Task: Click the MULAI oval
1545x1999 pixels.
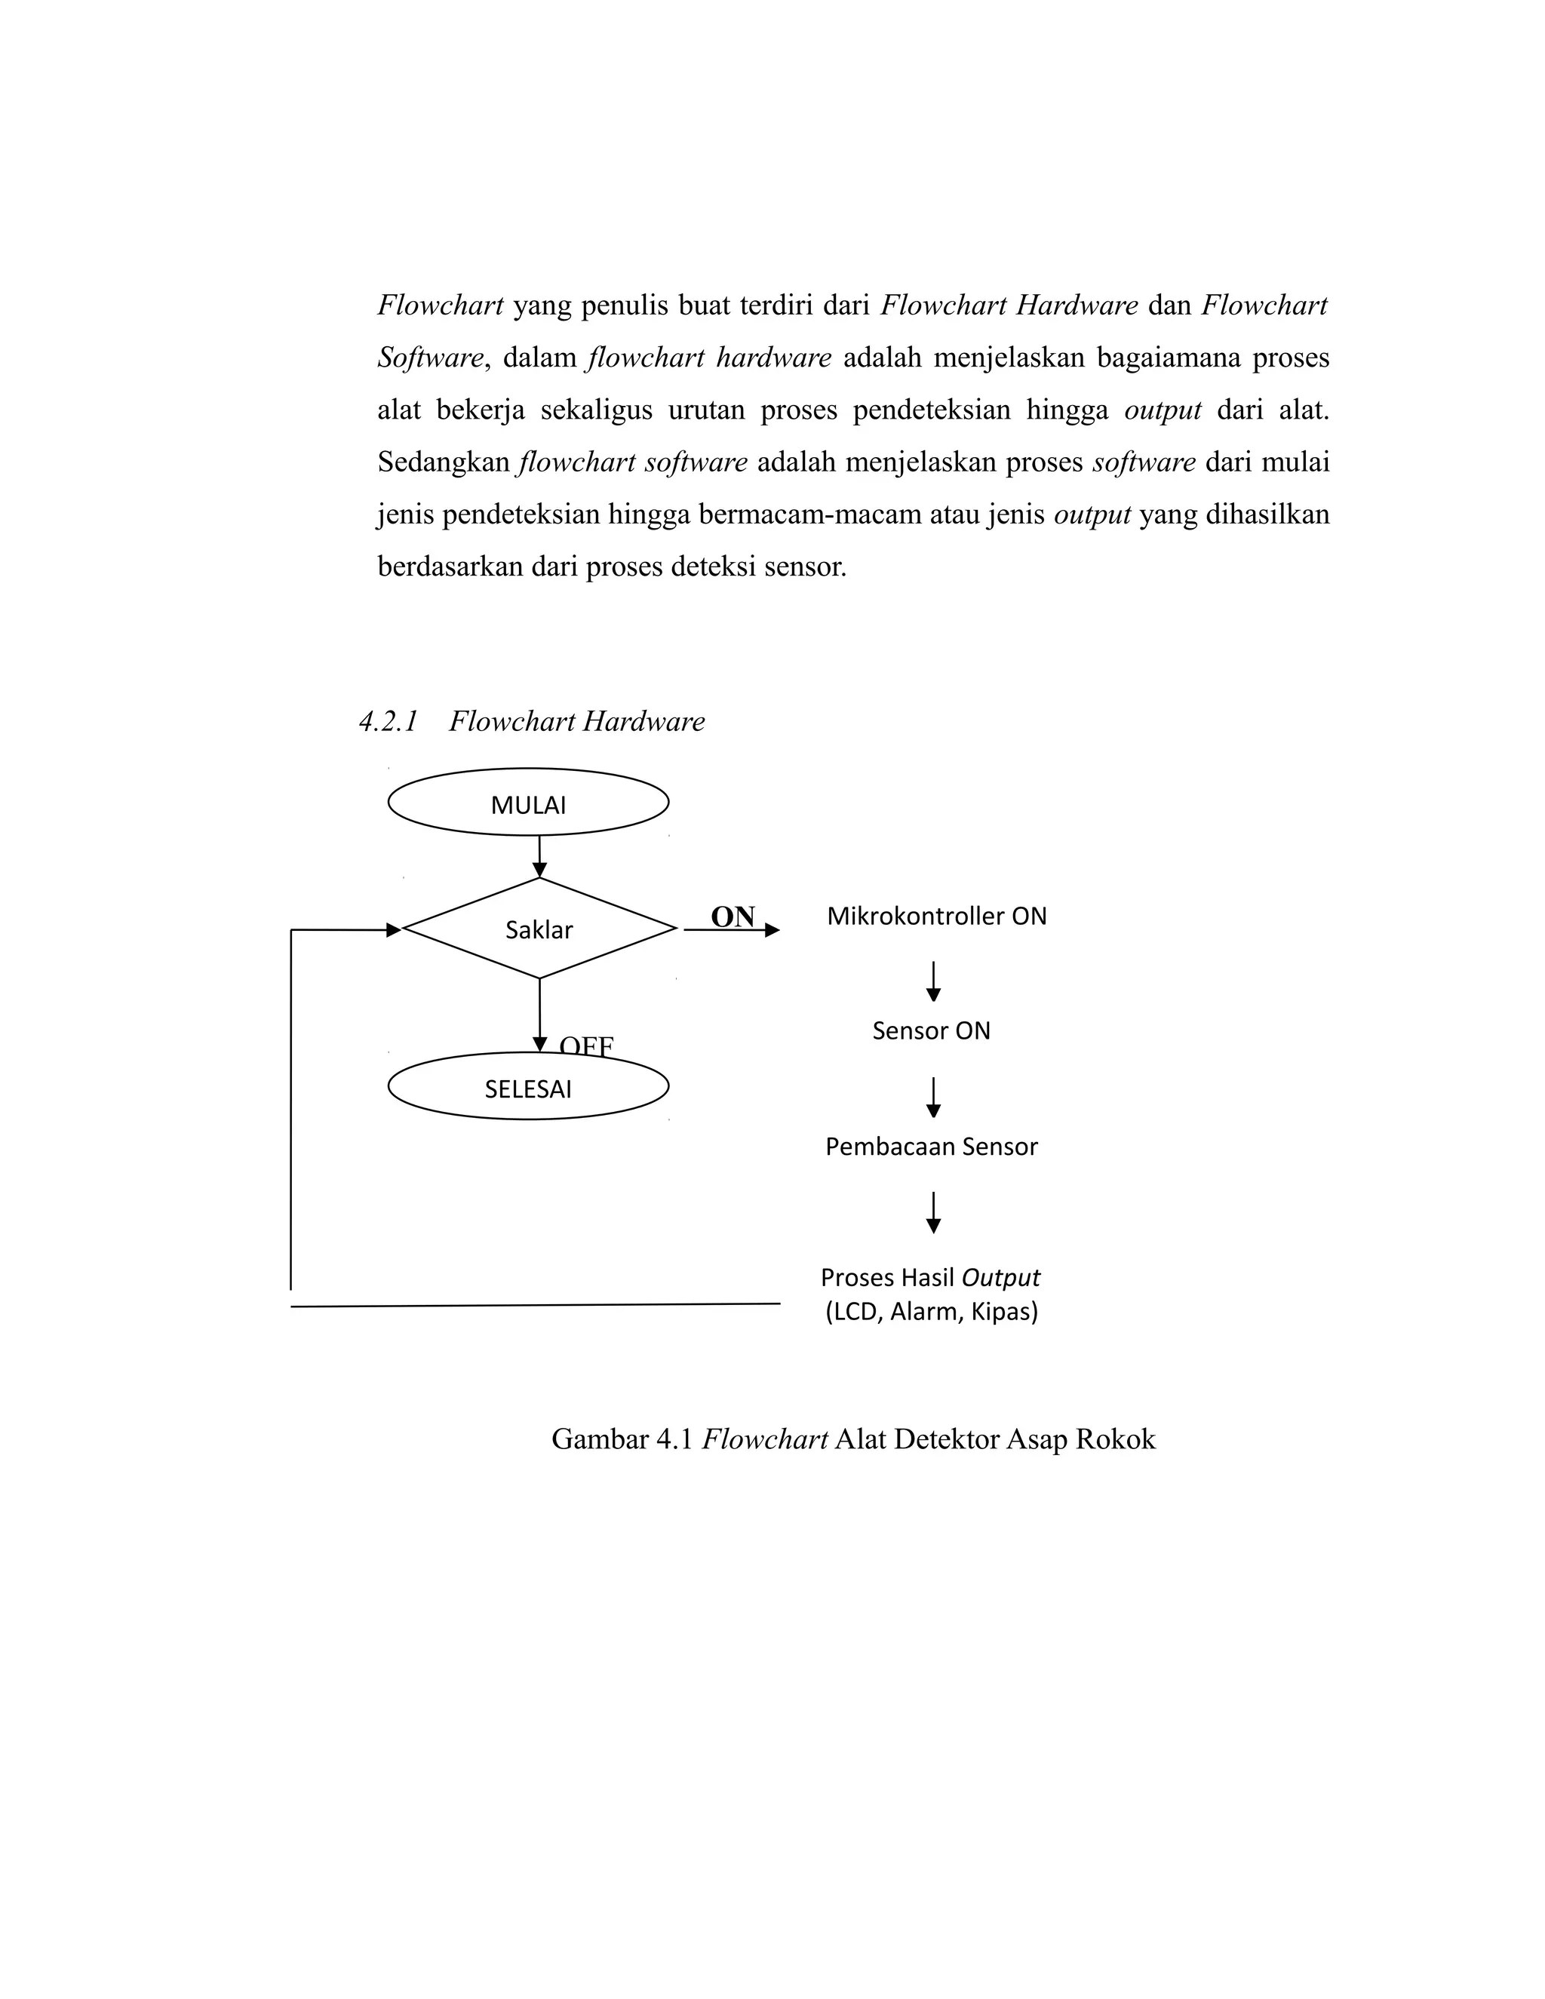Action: click(x=528, y=803)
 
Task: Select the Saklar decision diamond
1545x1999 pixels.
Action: click(x=539, y=929)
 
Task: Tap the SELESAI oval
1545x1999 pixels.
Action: click(x=528, y=1087)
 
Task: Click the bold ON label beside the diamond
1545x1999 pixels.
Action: click(x=733, y=917)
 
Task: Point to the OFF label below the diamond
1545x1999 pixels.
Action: click(x=585, y=1044)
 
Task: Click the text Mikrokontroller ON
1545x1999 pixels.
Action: click(x=936, y=917)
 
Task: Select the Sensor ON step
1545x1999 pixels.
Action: click(x=931, y=1030)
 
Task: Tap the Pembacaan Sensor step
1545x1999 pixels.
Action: click(x=931, y=1147)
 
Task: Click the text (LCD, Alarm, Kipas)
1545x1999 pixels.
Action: click(x=931, y=1313)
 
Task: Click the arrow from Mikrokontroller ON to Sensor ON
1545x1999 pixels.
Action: click(x=934, y=981)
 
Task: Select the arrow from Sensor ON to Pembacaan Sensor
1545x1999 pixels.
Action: click(x=934, y=1098)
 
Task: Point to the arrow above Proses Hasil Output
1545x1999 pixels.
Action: click(x=934, y=1212)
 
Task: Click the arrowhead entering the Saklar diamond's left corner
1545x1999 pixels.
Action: click(x=394, y=930)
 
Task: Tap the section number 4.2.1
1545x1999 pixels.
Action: click(x=388, y=721)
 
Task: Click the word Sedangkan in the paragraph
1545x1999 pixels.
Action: click(x=444, y=462)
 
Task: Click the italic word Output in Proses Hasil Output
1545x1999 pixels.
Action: click(x=1001, y=1277)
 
